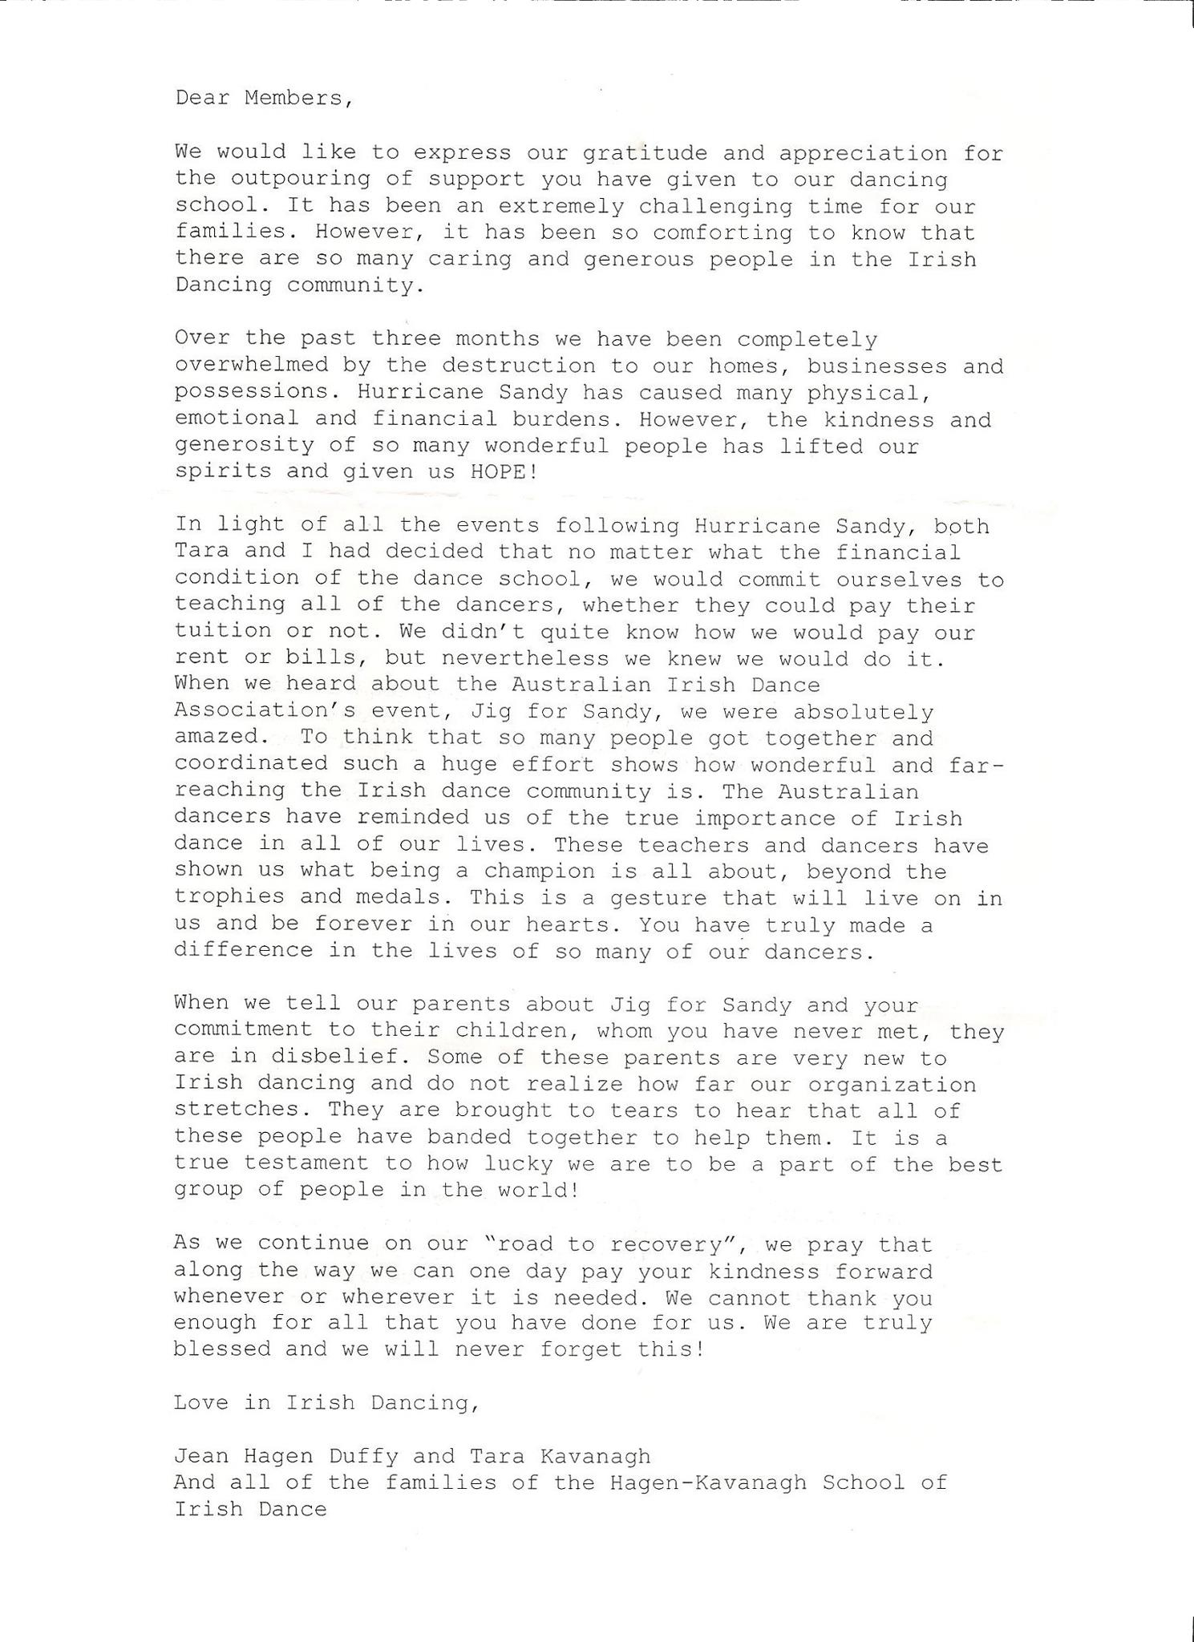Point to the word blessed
(223, 1349)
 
